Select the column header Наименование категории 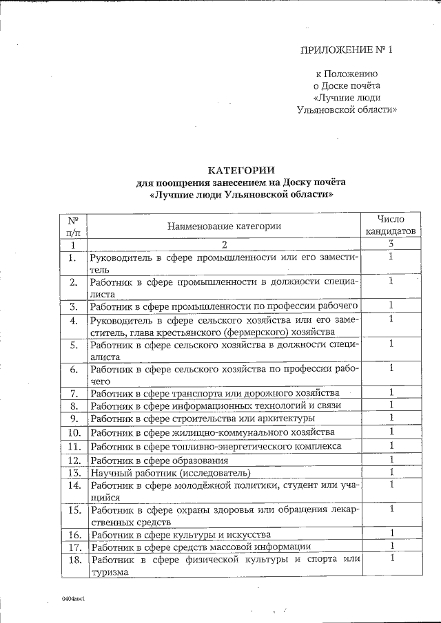[224, 226]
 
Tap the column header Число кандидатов [390, 225]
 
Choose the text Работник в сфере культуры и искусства [181, 534]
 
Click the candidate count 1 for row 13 [391, 472]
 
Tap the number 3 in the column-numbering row [391, 244]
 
